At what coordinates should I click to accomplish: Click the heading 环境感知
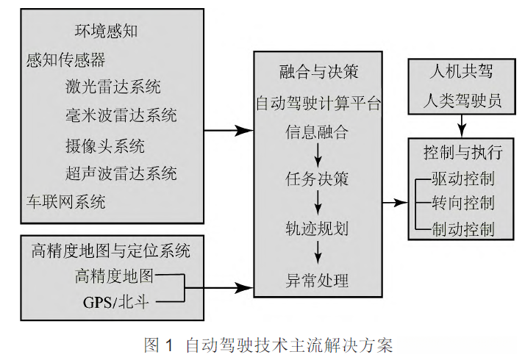tap(106, 31)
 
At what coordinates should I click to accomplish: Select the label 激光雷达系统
tap(113, 87)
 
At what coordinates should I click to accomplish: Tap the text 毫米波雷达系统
tap(121, 115)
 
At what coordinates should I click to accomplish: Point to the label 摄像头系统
tap(105, 146)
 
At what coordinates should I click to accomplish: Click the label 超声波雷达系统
tap(121, 173)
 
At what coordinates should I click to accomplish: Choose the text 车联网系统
tap(66, 202)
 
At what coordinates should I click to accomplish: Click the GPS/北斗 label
tap(116, 303)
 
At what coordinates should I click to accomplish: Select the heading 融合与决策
tap(319, 71)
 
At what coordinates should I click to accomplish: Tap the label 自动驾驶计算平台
tap(318, 103)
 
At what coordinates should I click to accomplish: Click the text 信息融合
tap(317, 132)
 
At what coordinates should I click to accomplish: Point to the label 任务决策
tap(317, 179)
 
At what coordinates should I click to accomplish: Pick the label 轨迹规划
tap(317, 228)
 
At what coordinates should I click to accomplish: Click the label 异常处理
tap(317, 281)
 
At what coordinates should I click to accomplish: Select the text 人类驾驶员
tap(463, 101)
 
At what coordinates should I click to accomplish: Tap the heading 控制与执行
tap(463, 153)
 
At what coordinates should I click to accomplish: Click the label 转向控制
tap(463, 203)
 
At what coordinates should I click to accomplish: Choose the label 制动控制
tap(463, 229)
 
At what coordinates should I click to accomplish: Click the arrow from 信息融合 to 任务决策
tap(318, 155)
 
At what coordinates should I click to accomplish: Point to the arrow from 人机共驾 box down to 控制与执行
tap(462, 126)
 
